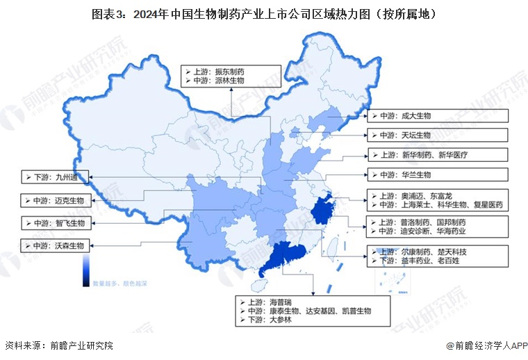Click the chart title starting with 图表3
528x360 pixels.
263,13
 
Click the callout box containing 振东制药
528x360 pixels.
231,76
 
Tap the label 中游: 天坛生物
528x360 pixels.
438,135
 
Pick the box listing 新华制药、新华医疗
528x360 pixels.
438,154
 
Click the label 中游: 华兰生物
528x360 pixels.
438,175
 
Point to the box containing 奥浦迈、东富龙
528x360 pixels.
438,200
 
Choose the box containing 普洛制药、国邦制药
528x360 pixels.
438,226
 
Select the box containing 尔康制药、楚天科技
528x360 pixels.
438,256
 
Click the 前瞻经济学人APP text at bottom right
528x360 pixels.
486,345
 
